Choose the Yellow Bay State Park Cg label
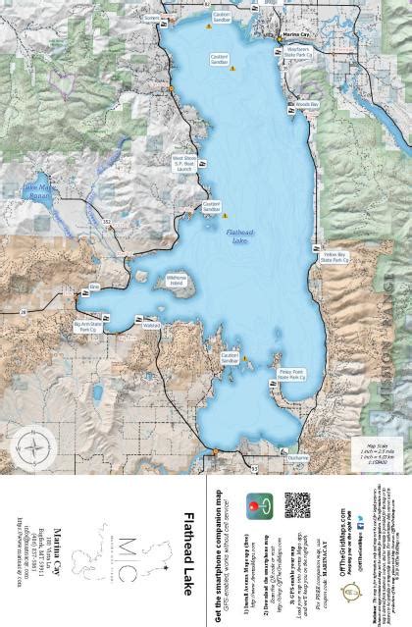(334, 258)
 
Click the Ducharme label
(299, 456)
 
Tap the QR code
(298, 505)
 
